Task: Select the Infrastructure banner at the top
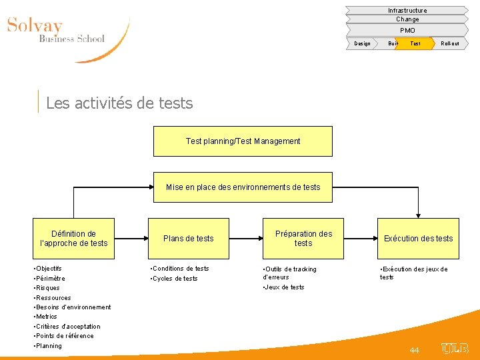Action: [407, 11]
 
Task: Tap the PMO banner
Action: [407, 30]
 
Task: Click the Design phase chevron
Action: [363, 43]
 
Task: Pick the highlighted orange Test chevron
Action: [415, 43]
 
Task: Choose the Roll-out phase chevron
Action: [450, 43]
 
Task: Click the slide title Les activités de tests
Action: [120, 103]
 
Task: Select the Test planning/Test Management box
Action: [243, 141]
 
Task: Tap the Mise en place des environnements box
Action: [243, 187]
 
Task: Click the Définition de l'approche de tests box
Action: [73, 239]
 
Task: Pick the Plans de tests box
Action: [189, 239]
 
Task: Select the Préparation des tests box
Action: [303, 239]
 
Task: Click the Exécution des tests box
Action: [418, 239]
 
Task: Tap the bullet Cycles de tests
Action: [175, 279]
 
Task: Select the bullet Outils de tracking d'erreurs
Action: [290, 273]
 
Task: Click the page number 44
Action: [414, 350]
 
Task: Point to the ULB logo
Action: [455, 348]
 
